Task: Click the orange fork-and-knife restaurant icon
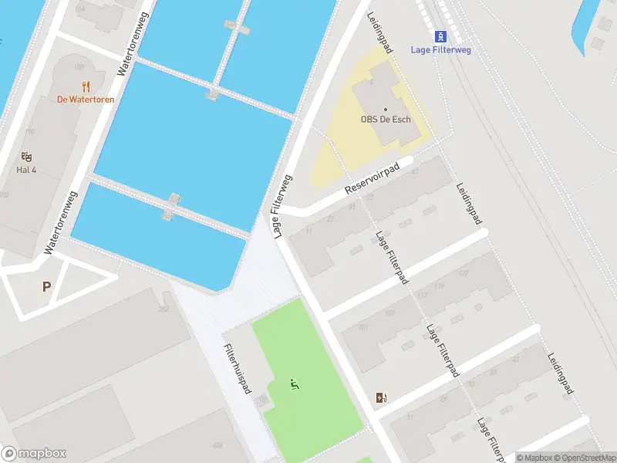click(85, 86)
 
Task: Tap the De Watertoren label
click(85, 100)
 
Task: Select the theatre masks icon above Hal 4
click(27, 157)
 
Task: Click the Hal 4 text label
click(27, 170)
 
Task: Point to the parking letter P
click(46, 286)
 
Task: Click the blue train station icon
click(440, 36)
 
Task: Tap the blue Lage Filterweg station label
click(440, 49)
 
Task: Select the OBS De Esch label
click(386, 120)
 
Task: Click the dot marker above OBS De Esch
click(386, 109)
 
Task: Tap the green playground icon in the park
click(293, 384)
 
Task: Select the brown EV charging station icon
click(381, 397)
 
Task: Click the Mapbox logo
click(34, 454)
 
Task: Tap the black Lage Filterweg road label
click(281, 204)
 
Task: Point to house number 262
click(163, 309)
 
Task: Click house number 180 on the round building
click(78, 67)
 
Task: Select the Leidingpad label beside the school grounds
click(380, 32)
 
